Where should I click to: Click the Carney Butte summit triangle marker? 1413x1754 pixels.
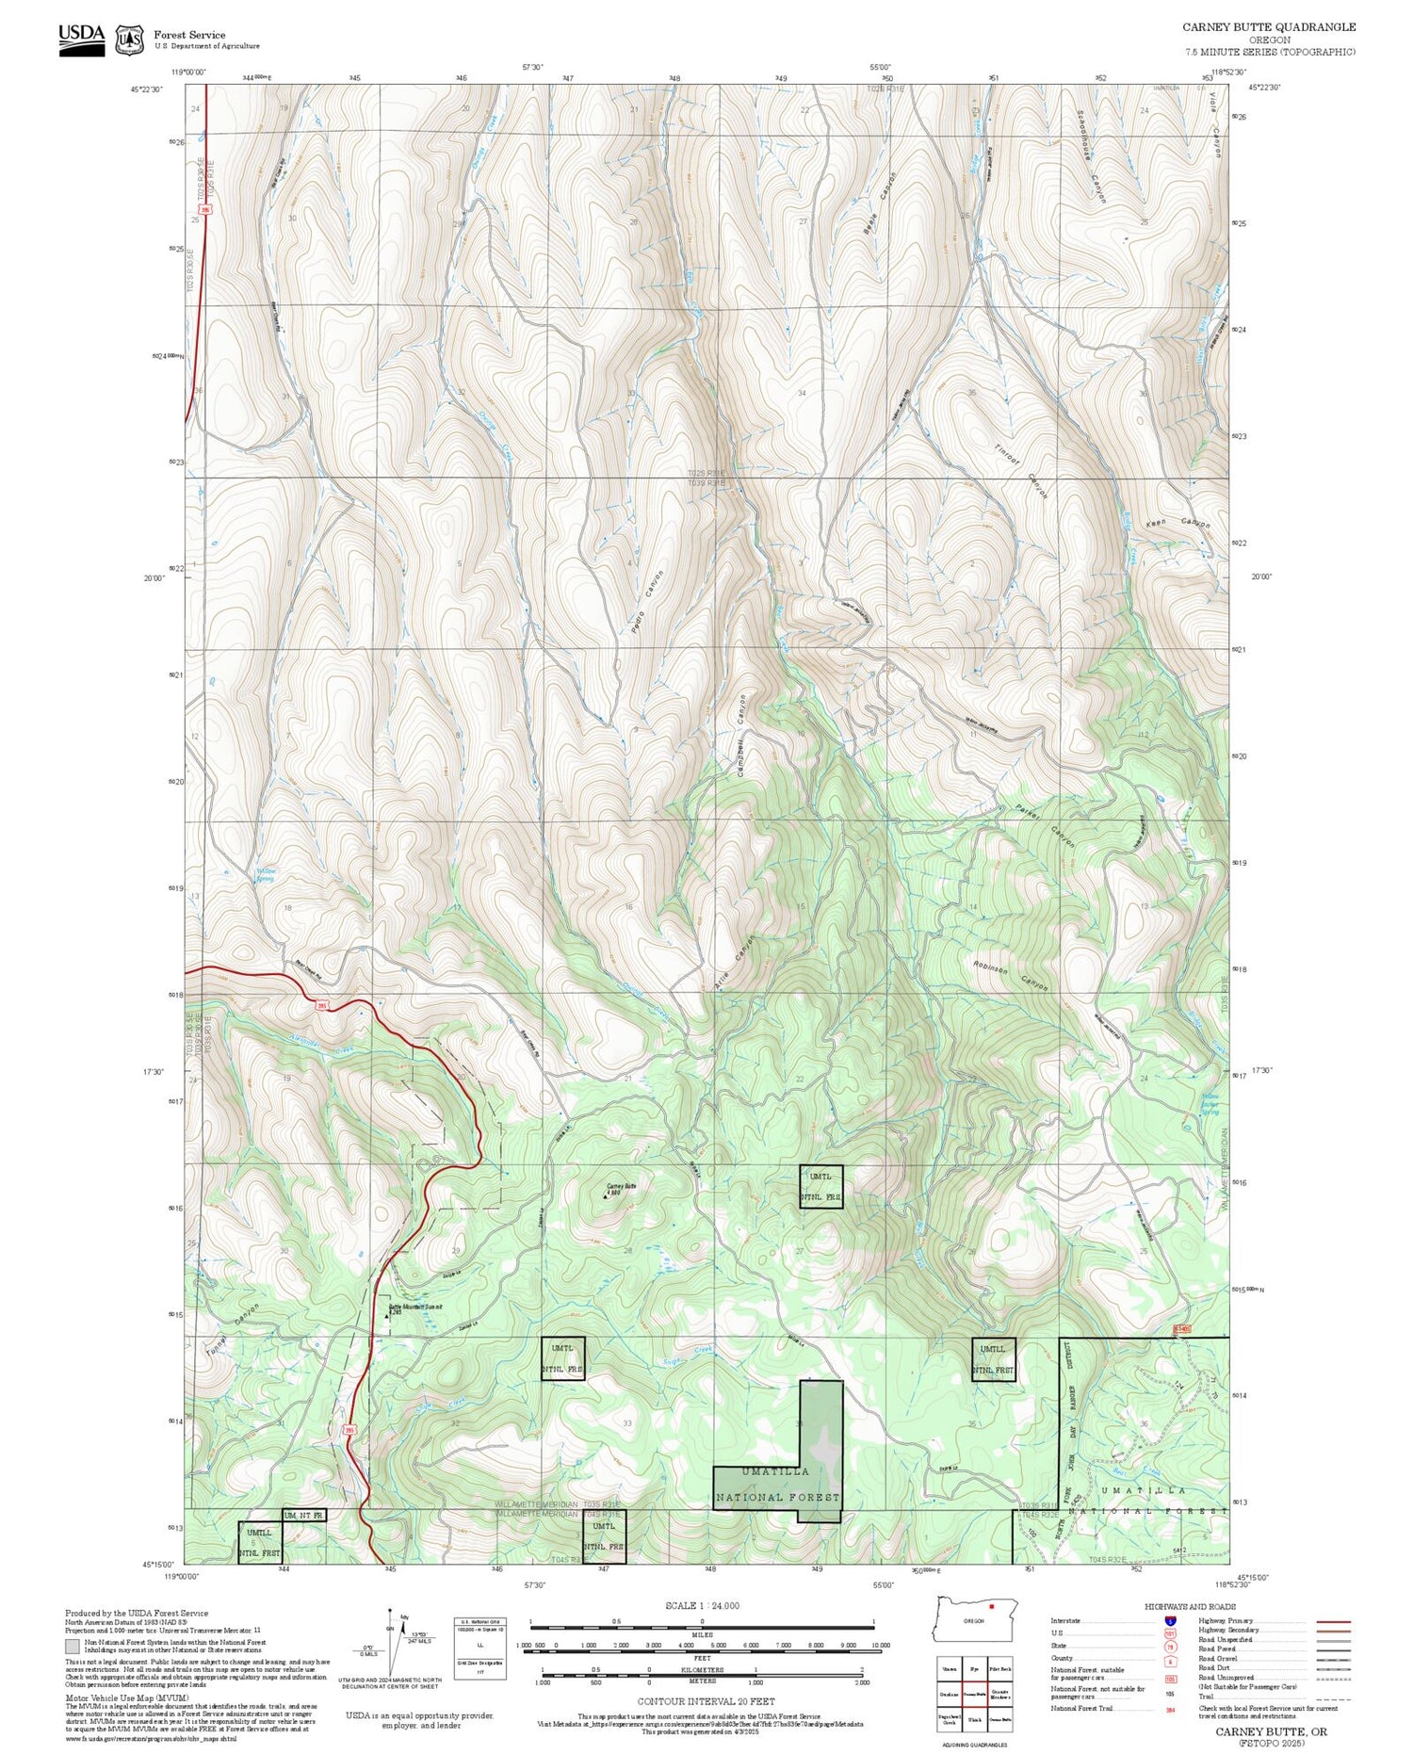click(605, 1196)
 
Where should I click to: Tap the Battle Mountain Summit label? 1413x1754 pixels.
click(415, 1307)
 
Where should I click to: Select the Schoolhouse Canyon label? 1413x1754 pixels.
click(1091, 156)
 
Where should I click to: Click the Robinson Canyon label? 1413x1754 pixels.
click(1011, 976)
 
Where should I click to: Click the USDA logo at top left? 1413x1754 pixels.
click(82, 40)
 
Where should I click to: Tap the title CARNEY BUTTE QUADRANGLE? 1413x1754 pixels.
click(1269, 27)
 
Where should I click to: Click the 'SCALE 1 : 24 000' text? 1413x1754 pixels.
click(702, 1605)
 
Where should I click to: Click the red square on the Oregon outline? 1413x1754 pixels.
click(992, 1606)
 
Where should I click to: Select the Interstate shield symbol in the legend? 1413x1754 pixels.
click(1170, 1620)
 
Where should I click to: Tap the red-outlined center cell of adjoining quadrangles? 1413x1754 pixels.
click(974, 1693)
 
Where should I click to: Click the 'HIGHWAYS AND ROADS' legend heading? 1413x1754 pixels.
click(1190, 1606)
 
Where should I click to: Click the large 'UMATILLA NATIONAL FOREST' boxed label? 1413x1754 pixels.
click(776, 1484)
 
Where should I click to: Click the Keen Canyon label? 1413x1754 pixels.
click(1177, 523)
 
